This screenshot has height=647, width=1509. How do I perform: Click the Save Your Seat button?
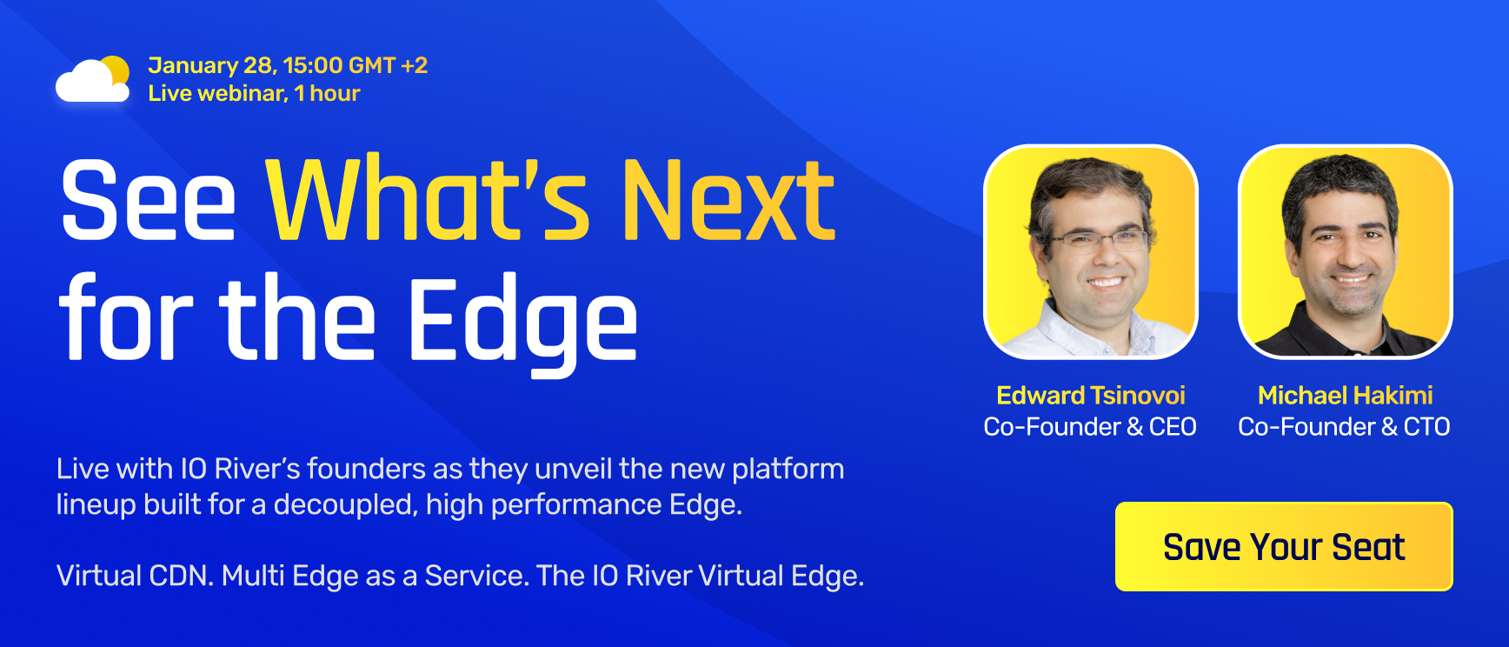point(1283,547)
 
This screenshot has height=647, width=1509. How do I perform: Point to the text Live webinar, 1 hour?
point(254,93)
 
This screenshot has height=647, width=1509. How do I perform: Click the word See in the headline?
point(148,202)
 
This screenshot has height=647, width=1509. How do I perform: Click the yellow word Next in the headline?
point(728,202)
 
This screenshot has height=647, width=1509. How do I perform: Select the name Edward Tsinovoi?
point(1090,396)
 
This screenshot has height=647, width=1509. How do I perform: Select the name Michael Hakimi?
point(1344,396)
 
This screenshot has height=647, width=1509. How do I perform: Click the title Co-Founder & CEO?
point(1090,427)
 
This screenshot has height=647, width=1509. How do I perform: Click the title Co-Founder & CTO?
point(1344,427)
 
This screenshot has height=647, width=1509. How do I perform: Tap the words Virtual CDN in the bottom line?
point(135,576)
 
